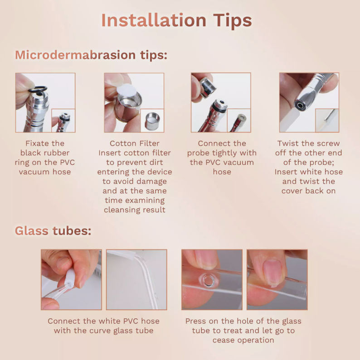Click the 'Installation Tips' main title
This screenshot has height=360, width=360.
point(176,21)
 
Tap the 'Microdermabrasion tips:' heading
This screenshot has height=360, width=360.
point(91,55)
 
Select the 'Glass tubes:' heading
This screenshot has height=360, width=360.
point(53,230)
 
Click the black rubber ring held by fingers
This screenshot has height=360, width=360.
point(38,89)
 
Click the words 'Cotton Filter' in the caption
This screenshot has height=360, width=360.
point(135,143)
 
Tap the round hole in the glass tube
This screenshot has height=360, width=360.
point(209,281)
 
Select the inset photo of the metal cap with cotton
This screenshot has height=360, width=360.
point(152,120)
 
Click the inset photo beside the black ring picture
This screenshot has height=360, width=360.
point(63,120)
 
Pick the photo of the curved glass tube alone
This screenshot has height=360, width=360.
point(136,280)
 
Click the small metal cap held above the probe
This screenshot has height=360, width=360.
point(208,87)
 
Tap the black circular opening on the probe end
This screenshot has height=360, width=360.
point(300,106)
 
